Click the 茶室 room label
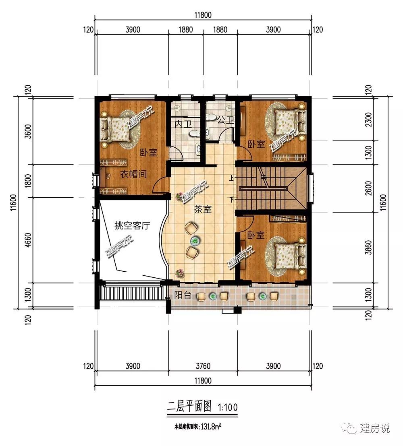click(x=203, y=209)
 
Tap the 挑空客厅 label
click(x=132, y=225)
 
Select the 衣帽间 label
click(x=133, y=174)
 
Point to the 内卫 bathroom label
click(x=183, y=124)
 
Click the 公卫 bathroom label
click(x=226, y=120)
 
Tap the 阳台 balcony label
click(x=183, y=295)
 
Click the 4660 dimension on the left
click(x=28, y=240)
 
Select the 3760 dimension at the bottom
click(x=203, y=366)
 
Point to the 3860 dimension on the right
click(x=368, y=248)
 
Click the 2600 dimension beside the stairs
click(x=368, y=188)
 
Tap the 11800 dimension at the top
click(x=203, y=15)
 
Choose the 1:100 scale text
click(x=228, y=408)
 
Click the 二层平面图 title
click(x=190, y=407)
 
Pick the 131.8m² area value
click(x=211, y=427)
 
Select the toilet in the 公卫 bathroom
click(x=211, y=117)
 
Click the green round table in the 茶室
click(x=195, y=241)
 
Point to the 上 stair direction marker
click(x=231, y=178)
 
